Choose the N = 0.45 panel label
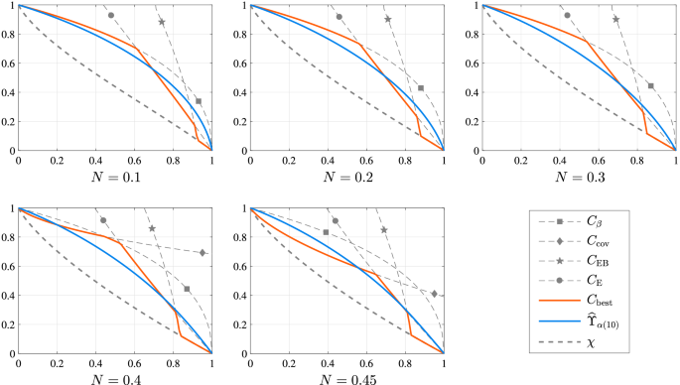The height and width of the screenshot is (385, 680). (x=346, y=377)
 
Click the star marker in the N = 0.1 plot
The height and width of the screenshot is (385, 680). (x=162, y=22)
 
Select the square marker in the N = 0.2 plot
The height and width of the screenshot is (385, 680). (x=421, y=88)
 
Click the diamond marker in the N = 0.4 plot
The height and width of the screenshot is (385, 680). (x=203, y=253)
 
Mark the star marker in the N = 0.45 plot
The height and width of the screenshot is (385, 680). (x=384, y=230)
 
